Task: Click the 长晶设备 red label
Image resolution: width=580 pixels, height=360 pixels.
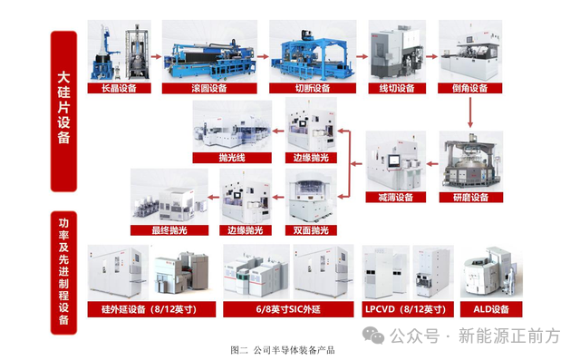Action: tap(119, 88)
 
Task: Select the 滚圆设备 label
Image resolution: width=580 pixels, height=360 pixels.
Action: tap(209, 88)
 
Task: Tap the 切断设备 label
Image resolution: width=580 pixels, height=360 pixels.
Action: tap(313, 88)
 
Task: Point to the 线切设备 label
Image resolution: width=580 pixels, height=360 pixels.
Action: tap(397, 88)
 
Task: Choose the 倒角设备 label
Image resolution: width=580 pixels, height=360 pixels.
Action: tap(469, 88)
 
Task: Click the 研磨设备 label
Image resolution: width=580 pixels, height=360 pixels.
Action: tap(471, 197)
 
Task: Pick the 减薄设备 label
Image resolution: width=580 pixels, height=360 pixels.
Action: tap(396, 197)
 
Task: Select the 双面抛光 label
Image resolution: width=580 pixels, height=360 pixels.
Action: tap(311, 230)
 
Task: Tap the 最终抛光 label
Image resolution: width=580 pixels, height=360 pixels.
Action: tap(169, 230)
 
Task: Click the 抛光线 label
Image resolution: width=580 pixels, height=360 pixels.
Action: tap(232, 158)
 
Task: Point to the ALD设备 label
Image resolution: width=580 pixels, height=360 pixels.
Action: tap(491, 309)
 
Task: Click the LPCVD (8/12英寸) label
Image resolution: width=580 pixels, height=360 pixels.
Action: tap(408, 309)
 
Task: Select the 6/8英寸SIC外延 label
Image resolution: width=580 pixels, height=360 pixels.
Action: tap(288, 309)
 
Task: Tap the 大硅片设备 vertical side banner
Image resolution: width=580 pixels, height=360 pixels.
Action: tap(63, 111)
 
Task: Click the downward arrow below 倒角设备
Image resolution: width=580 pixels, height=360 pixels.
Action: tap(470, 112)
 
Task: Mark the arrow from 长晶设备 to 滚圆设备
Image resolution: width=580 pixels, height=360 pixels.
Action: tap(157, 56)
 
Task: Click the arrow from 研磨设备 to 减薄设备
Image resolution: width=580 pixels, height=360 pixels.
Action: tap(432, 163)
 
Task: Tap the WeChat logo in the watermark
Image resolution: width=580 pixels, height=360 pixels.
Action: tap(373, 336)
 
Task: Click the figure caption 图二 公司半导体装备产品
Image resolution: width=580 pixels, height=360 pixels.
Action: tap(283, 350)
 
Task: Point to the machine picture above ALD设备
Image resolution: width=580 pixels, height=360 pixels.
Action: tap(491, 272)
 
